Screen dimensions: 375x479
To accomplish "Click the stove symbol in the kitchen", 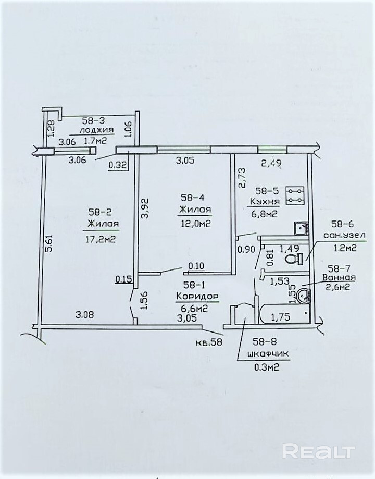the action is [295, 196].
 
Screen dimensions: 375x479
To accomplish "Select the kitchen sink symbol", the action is [301, 228].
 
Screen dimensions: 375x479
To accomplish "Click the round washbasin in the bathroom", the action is [304, 295].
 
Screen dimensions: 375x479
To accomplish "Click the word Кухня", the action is [265, 202].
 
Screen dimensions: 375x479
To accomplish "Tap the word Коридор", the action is [197, 296].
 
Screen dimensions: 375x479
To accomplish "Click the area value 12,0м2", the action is [195, 224].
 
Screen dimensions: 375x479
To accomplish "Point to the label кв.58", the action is [209, 342].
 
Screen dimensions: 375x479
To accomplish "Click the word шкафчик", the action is [268, 355].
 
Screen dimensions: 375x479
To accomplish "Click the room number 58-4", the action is [192, 198].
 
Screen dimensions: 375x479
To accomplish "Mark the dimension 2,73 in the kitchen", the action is [243, 178].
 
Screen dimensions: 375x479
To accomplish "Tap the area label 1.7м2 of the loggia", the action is [96, 141].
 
